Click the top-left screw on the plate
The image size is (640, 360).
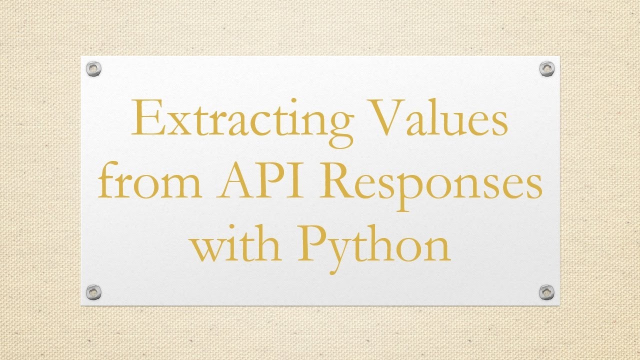coord(93,68)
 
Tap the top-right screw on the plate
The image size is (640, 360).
coord(547,68)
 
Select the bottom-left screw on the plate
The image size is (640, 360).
coord(93,292)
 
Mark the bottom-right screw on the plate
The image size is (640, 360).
coord(547,292)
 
